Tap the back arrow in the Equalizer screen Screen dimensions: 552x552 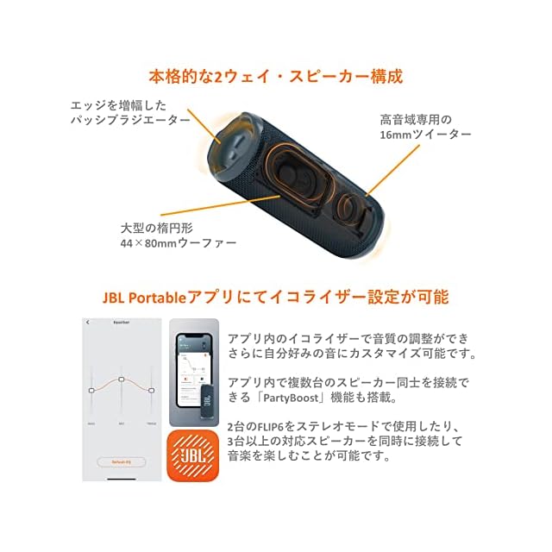87,323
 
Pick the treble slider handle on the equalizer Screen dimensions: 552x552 152,389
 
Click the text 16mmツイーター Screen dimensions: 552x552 425,136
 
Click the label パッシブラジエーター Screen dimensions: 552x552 130,120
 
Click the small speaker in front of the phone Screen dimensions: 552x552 207,400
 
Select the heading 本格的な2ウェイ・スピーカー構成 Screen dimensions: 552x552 276,76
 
